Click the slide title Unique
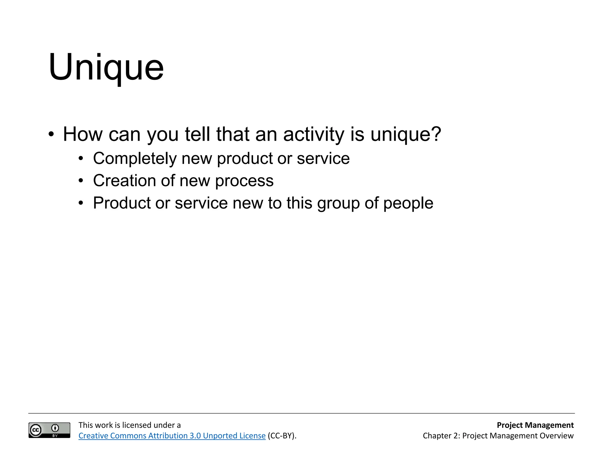click(106, 67)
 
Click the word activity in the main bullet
click(314, 134)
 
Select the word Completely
click(135, 159)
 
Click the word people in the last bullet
click(408, 203)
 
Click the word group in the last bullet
click(339, 203)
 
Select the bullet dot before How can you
click(51, 134)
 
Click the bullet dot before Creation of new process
click(81, 181)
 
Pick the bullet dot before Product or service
click(81, 203)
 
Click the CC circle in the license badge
click(36, 430)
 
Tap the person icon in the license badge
click(55, 428)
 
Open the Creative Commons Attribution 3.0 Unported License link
click(172, 436)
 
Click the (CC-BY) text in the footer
click(282, 436)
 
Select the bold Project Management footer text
click(535, 425)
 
